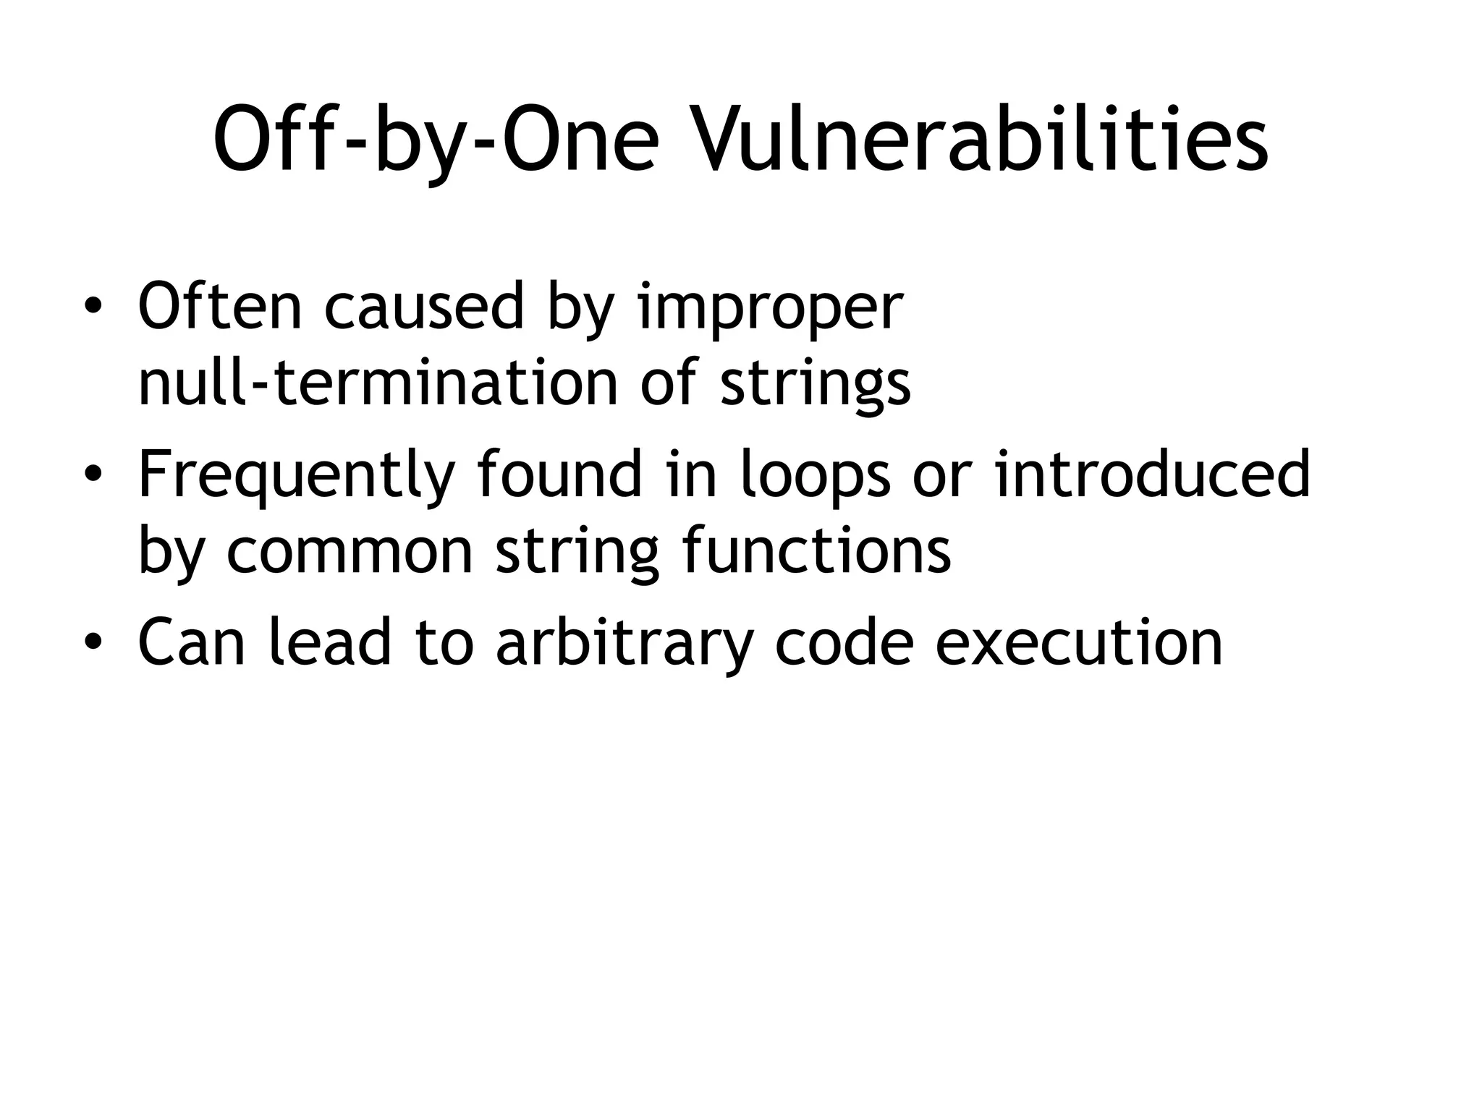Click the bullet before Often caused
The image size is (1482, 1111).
click(92, 307)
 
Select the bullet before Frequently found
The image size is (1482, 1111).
click(92, 474)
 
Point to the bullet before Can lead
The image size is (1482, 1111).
click(92, 641)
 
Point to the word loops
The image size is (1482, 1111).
click(815, 474)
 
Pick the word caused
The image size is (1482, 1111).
click(423, 307)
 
